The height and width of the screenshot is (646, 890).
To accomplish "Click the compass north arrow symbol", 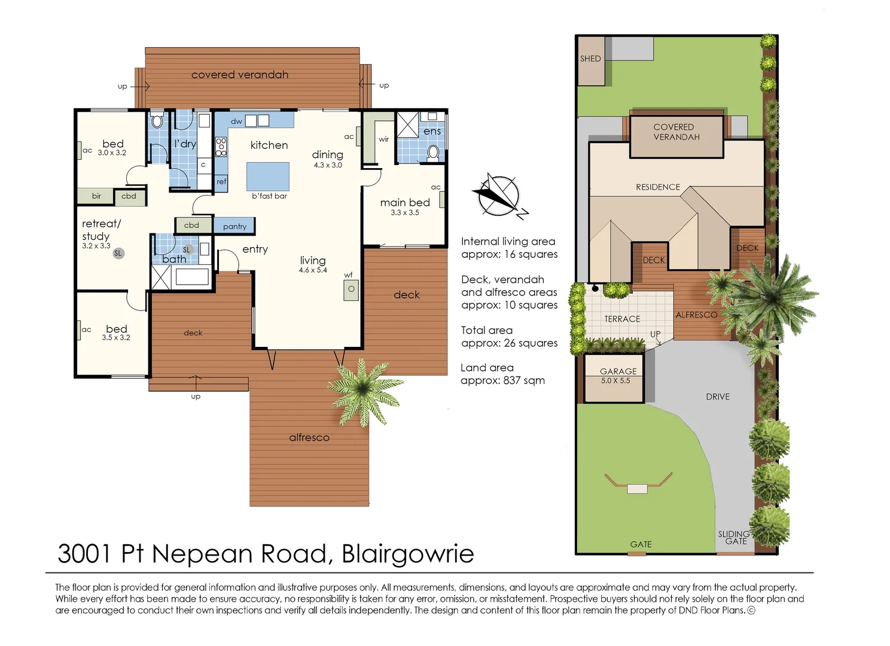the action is [x=500, y=196].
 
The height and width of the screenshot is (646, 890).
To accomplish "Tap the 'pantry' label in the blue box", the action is [x=234, y=227].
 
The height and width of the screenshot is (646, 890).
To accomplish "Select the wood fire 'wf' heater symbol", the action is [x=351, y=290].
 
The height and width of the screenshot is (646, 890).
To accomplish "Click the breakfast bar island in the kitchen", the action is [x=268, y=176].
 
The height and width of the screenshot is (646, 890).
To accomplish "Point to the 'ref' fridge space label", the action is [x=221, y=182].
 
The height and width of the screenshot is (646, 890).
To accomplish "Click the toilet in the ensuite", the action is [x=433, y=153].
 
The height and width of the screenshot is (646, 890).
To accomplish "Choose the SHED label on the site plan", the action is [x=590, y=59].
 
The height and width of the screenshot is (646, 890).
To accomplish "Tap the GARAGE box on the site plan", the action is [x=614, y=379].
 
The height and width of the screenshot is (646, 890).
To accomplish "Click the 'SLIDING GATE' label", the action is [x=734, y=538].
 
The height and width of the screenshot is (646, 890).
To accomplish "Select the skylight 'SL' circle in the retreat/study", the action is [x=118, y=253].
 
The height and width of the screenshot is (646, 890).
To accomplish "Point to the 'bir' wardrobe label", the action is [x=96, y=196].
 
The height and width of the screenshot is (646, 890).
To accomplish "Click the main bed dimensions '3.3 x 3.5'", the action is [x=405, y=212].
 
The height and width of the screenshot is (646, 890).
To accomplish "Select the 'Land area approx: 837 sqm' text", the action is [x=502, y=374].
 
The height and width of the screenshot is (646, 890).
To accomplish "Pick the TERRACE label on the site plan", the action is [x=622, y=319].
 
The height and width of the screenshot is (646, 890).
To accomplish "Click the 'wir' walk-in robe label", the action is [x=383, y=139].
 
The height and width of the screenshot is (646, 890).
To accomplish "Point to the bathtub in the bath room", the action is [x=193, y=276].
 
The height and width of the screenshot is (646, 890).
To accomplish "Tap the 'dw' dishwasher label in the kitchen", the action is [x=236, y=121].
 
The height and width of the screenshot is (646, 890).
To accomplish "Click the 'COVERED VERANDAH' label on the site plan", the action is [x=676, y=132].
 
